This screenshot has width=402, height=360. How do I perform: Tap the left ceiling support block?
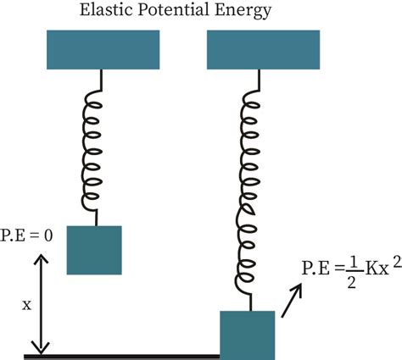(103, 50)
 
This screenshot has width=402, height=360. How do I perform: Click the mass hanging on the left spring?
(94, 249)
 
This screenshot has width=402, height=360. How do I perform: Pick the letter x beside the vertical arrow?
(25, 302)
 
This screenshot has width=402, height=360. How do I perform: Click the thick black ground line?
(127, 357)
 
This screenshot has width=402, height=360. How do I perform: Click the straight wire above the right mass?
(248, 301)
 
